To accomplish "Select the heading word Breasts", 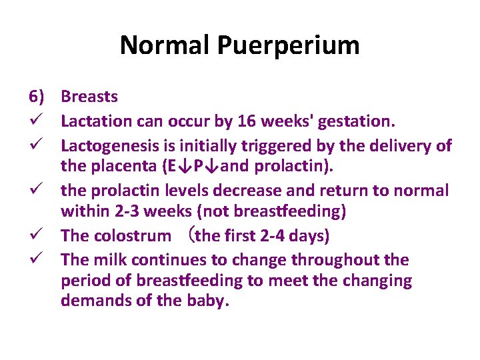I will click(x=89, y=97).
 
